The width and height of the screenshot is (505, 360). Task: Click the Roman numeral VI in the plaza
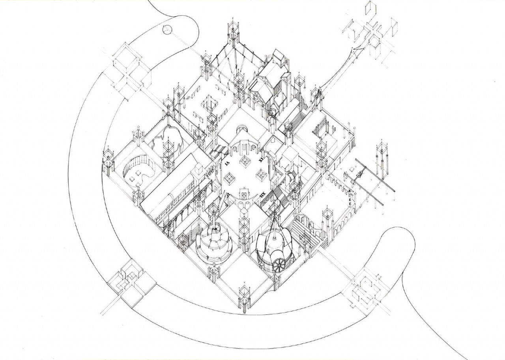tap(227, 163)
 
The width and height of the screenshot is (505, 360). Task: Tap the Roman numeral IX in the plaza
tap(261, 160)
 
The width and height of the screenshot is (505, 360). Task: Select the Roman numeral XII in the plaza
tap(263, 193)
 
